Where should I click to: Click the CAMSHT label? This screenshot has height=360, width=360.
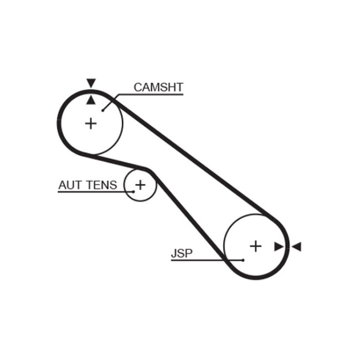pyautogui.click(x=158, y=87)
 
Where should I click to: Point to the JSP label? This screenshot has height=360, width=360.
pyautogui.click(x=181, y=253)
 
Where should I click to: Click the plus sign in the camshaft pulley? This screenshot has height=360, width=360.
pyautogui.click(x=90, y=123)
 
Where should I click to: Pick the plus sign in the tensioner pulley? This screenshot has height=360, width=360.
pyautogui.click(x=140, y=184)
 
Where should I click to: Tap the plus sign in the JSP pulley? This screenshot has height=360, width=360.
pyautogui.click(x=255, y=245)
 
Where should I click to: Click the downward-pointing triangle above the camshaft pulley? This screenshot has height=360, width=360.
pyautogui.click(x=91, y=83)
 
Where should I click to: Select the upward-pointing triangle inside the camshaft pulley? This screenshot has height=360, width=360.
pyautogui.click(x=91, y=99)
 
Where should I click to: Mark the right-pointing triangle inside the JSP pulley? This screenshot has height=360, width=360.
pyautogui.click(x=279, y=246)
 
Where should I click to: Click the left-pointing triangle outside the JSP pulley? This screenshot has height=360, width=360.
pyautogui.click(x=296, y=246)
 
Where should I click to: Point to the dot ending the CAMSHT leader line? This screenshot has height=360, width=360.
pyautogui.click(x=103, y=110)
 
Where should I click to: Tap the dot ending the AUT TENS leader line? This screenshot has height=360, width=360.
pyautogui.click(x=133, y=192)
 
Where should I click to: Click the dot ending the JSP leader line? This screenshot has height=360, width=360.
pyautogui.click(x=243, y=260)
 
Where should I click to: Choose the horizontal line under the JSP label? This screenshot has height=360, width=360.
pyautogui.click(x=199, y=260)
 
